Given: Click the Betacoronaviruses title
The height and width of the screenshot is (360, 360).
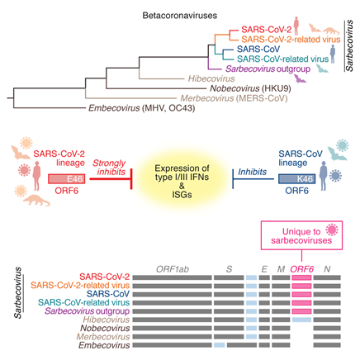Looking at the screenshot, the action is (180, 16).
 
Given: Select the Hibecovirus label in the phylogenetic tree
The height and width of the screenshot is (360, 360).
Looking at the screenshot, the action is (211, 78).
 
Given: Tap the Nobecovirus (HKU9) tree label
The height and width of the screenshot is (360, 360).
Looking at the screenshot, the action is (250, 88).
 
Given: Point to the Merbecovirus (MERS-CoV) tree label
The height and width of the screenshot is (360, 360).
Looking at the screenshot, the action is (234, 98).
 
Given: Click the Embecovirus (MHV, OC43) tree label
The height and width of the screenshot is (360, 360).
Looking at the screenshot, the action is (141, 108).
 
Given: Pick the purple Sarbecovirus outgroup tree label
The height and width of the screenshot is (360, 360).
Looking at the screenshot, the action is (268, 69).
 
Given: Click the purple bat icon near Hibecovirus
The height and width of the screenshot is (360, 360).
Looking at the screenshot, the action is (300, 78).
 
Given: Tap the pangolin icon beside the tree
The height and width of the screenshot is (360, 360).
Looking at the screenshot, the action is (331, 31).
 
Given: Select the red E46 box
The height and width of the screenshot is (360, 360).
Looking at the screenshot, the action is (66, 179).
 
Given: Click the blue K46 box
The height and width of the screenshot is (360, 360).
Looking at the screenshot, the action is (296, 179).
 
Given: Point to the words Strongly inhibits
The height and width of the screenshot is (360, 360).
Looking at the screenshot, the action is (110, 168).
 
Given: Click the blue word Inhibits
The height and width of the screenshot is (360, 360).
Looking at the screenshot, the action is (252, 172).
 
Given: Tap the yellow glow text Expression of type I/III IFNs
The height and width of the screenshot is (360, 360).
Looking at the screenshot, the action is (182, 173).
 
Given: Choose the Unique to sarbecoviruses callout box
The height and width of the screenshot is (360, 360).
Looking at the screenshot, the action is (301, 235).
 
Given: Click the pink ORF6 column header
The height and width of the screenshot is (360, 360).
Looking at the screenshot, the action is (302, 269).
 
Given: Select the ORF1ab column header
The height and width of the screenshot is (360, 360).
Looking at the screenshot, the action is (173, 269).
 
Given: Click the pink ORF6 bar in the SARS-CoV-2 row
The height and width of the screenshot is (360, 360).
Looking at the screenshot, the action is (302, 277).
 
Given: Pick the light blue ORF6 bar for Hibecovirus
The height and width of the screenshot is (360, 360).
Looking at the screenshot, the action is (302, 320).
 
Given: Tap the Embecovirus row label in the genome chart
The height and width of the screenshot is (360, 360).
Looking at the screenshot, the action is (104, 345).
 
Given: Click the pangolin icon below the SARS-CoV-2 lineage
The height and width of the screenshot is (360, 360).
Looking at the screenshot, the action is (36, 200).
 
